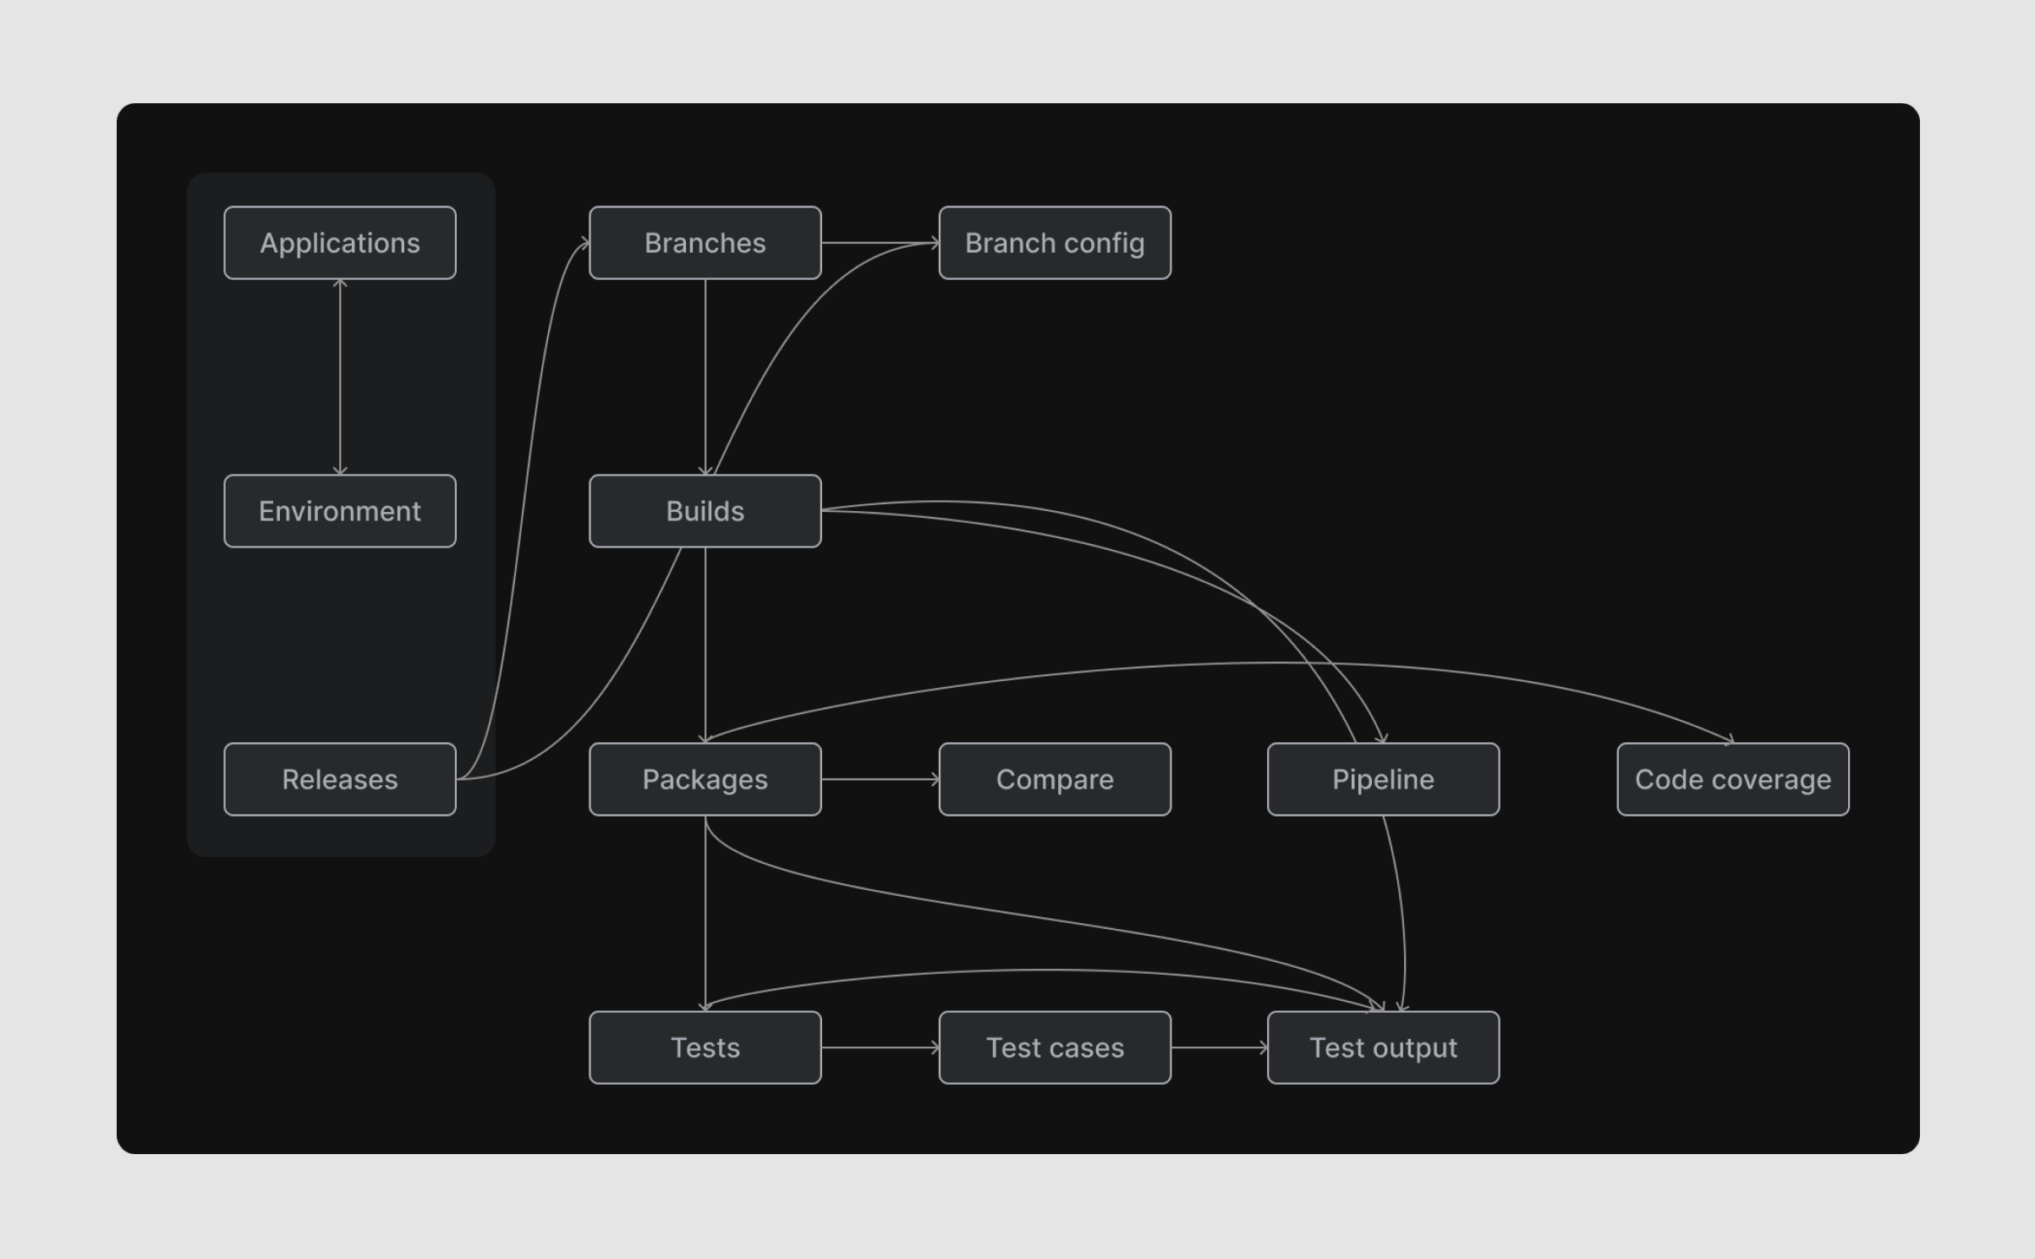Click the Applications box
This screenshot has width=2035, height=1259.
tap(340, 243)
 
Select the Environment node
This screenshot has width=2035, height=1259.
tap(340, 511)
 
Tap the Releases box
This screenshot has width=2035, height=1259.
tap(340, 779)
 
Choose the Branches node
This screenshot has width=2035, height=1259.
tap(705, 243)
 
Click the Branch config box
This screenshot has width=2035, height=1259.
tap(1055, 243)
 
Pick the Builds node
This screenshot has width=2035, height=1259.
tap(705, 511)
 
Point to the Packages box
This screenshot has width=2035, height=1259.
tap(705, 779)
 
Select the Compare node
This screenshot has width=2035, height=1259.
tap(1055, 779)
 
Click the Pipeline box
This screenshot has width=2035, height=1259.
tap(1383, 779)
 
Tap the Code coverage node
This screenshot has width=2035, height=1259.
tap(1732, 779)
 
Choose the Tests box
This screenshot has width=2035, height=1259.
tap(705, 1047)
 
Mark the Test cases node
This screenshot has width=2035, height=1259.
tap(1055, 1047)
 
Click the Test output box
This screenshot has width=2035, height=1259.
tap(1383, 1047)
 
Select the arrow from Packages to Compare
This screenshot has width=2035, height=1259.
tap(880, 779)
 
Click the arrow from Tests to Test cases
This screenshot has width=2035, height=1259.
tap(880, 1047)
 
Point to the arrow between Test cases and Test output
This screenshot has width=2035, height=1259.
tap(1219, 1047)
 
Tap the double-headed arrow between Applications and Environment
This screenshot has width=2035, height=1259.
tap(340, 377)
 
